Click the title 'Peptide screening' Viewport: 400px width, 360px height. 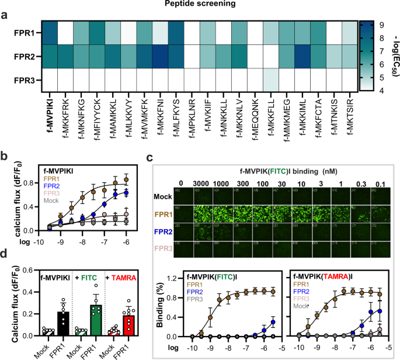pyautogui.click(x=200, y=5)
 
